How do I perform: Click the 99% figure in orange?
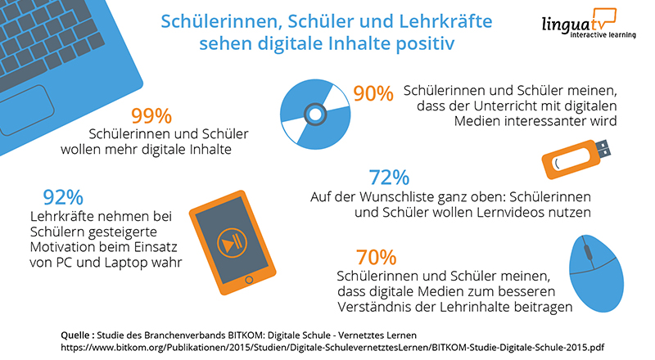click(152, 115)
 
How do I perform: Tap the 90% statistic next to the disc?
click(373, 94)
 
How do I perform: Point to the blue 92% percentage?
click(63, 197)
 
